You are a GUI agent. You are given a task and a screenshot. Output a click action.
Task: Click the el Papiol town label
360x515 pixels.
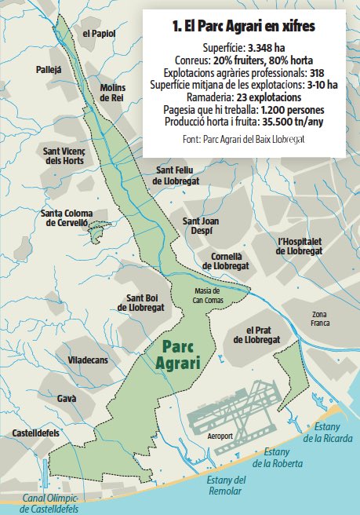[98, 34]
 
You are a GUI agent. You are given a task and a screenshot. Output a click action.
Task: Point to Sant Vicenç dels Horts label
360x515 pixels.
[86, 155]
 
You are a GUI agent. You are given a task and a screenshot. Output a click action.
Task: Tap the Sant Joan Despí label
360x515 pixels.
[201, 226]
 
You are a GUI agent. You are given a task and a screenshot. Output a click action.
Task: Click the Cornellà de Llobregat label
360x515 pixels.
[231, 261]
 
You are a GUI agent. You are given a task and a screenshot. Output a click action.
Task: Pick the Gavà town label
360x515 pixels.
[67, 399]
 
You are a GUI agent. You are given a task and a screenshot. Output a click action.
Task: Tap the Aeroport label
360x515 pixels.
[222, 435]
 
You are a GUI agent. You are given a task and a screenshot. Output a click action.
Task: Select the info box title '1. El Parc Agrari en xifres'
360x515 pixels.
[244, 27]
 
